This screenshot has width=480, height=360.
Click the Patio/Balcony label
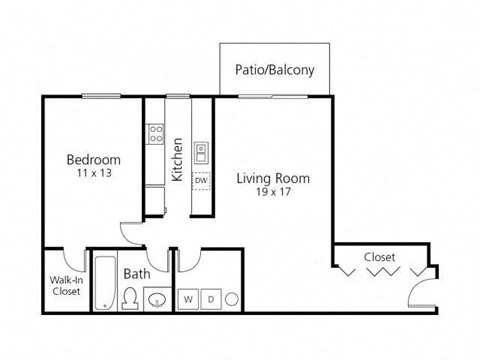(274, 70)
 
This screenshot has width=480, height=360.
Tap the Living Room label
(273, 179)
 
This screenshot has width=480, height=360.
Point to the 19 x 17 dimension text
(273, 192)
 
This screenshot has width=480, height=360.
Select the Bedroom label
(94, 160)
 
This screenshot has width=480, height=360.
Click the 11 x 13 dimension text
(94, 173)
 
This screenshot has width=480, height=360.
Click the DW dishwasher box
(201, 181)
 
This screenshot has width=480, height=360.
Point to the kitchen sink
(201, 152)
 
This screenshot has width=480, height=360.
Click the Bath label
(137, 273)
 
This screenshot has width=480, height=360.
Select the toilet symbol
(129, 296)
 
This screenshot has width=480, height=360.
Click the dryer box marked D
(211, 298)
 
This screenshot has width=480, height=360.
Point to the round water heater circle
(231, 298)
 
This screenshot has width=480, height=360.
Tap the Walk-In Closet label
(65, 286)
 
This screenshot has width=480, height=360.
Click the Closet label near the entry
(379, 257)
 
